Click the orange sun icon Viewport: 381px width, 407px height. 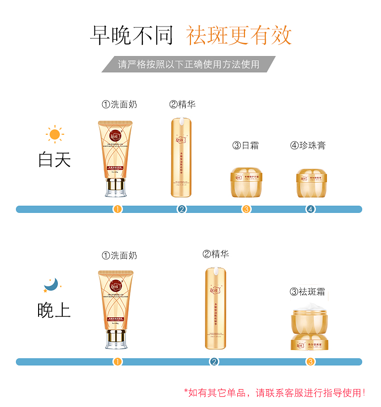click(x=54, y=134)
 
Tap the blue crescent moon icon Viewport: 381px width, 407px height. click(x=51, y=284)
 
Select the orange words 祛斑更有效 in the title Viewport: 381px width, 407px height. click(x=239, y=35)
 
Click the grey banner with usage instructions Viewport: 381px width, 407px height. click(x=189, y=64)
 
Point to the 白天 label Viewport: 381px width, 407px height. click(x=54, y=159)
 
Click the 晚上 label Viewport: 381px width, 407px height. click(x=54, y=310)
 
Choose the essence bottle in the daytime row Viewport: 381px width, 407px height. click(x=181, y=157)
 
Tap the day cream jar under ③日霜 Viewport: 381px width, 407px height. click(x=246, y=182)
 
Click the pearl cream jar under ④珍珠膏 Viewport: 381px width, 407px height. click(x=311, y=182)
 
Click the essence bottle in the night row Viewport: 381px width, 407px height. click(x=215, y=308)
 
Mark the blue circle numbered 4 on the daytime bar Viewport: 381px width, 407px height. click(x=311, y=209)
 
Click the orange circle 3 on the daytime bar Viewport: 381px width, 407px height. click(x=246, y=209)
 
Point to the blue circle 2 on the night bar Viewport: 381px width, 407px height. click(x=214, y=362)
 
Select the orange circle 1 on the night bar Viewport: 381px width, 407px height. click(x=118, y=362)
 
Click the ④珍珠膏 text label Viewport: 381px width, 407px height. click(x=308, y=145)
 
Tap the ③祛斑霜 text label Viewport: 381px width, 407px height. click(x=307, y=292)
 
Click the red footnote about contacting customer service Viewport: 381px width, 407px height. click(x=274, y=393)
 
